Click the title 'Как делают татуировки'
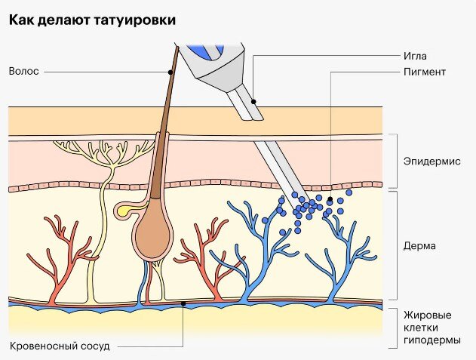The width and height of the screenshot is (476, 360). click(x=93, y=20)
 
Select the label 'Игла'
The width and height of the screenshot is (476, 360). click(x=415, y=56)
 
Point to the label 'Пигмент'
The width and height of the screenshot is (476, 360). click(x=425, y=72)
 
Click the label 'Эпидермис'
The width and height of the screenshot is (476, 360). click(x=431, y=162)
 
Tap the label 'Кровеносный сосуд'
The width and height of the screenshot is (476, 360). click(x=60, y=346)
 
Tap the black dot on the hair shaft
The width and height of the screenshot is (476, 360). click(x=171, y=72)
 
